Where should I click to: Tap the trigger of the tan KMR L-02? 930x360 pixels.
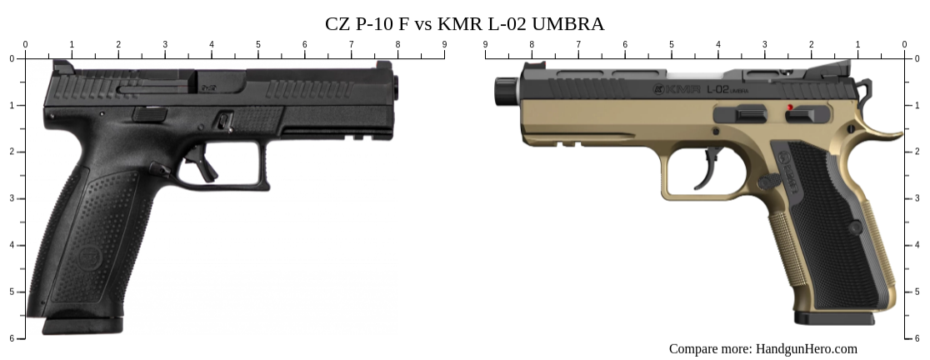coord(713,166)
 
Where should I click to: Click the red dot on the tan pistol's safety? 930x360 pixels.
coord(789,107)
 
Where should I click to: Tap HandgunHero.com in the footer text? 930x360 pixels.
coord(806,348)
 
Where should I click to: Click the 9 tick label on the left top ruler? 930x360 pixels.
coord(444,44)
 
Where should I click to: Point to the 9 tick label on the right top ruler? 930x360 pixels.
coord(485,44)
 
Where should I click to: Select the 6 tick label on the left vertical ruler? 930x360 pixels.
coord(11,338)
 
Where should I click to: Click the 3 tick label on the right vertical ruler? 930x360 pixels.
coord(918,198)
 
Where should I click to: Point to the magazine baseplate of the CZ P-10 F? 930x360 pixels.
coord(82,325)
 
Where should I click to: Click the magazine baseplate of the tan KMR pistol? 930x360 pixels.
coord(833,318)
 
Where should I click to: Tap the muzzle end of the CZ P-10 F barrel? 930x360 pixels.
coord(395,85)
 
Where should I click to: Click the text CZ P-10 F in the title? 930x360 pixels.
coord(367,23)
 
